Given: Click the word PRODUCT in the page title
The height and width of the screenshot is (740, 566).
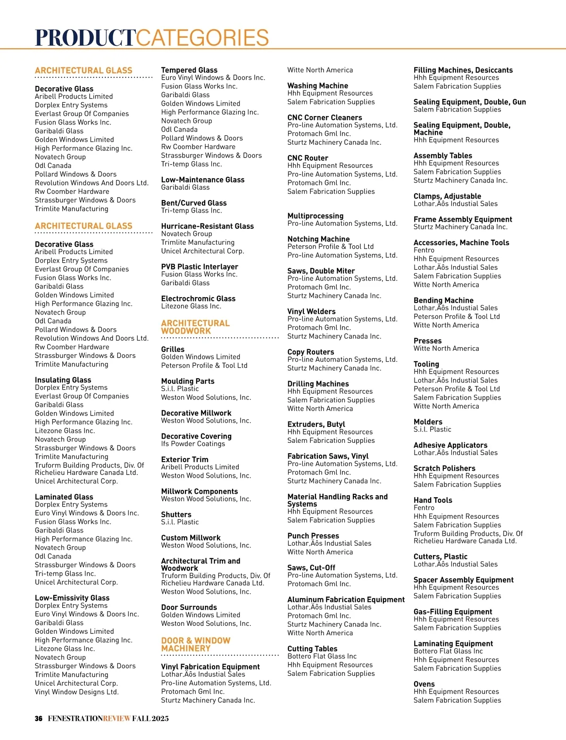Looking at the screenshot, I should [x=85, y=38].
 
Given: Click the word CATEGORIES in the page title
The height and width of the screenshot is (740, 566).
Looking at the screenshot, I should [x=202, y=38].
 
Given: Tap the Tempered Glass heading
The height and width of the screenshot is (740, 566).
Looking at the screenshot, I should [x=189, y=70].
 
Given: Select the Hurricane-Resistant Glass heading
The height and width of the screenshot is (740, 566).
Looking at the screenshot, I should [x=207, y=226].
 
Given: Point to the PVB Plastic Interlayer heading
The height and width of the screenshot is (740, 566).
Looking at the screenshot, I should [x=200, y=266].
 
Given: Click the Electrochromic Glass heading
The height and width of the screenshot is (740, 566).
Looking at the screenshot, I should [x=198, y=299].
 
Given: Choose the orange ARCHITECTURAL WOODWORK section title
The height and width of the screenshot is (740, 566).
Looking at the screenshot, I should [x=195, y=327].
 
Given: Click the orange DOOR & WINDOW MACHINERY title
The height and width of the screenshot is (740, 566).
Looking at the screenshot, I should [x=196, y=644].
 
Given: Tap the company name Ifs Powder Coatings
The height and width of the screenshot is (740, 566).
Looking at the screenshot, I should [x=193, y=444].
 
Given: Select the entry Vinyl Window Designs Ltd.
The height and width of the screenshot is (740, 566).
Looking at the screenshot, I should [x=76, y=692].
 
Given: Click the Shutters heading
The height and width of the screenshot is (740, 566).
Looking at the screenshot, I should [x=176, y=515].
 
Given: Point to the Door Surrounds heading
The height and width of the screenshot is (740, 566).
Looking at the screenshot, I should [x=189, y=607].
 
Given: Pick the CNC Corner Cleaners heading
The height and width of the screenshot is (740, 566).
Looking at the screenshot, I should [x=325, y=117].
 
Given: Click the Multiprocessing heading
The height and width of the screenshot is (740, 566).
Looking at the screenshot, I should [x=315, y=216].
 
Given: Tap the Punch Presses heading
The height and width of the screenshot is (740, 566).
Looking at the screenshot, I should [x=313, y=536].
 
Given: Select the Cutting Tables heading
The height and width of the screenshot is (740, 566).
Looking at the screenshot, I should [x=312, y=649].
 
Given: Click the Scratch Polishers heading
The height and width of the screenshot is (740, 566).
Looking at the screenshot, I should [x=444, y=468].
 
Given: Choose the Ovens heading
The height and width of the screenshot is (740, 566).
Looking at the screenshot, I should [x=424, y=684].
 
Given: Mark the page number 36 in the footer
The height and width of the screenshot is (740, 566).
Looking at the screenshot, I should [x=39, y=718].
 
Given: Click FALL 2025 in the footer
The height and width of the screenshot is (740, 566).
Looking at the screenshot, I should [x=150, y=718].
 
